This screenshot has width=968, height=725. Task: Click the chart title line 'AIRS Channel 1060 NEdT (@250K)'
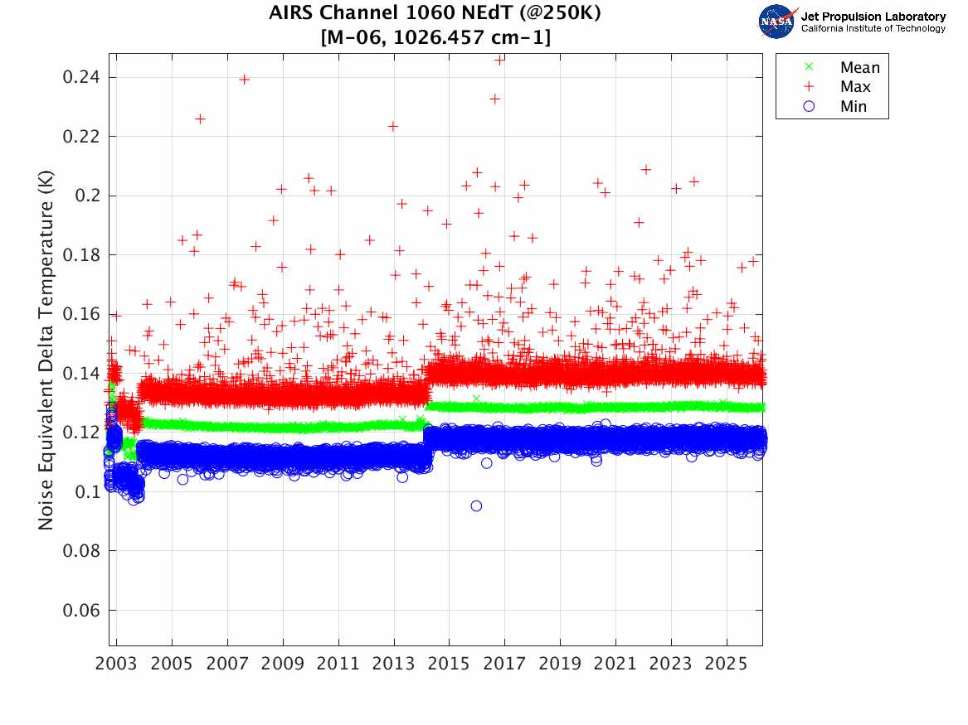tap(435, 13)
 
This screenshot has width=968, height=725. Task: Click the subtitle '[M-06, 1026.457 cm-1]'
tap(435, 36)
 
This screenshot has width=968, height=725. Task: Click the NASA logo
tap(777, 22)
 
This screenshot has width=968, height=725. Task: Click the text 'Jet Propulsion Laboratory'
tap(873, 17)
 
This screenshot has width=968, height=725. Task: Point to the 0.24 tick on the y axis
tap(82, 77)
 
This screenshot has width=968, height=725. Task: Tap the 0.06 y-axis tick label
tap(82, 611)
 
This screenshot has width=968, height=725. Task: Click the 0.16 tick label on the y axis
tap(82, 314)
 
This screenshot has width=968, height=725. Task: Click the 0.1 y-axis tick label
tap(86, 492)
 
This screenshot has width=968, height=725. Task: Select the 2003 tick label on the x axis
tap(117, 665)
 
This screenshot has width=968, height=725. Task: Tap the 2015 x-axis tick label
tap(449, 665)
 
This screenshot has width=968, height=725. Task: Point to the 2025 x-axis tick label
tap(726, 665)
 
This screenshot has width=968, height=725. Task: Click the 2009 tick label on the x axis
tap(283, 665)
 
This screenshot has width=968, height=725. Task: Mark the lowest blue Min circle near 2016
tap(476, 505)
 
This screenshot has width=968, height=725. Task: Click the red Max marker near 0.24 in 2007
tap(245, 80)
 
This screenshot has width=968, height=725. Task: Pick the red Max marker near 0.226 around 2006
tap(200, 119)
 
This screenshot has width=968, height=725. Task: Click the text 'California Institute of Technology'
tap(873, 29)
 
